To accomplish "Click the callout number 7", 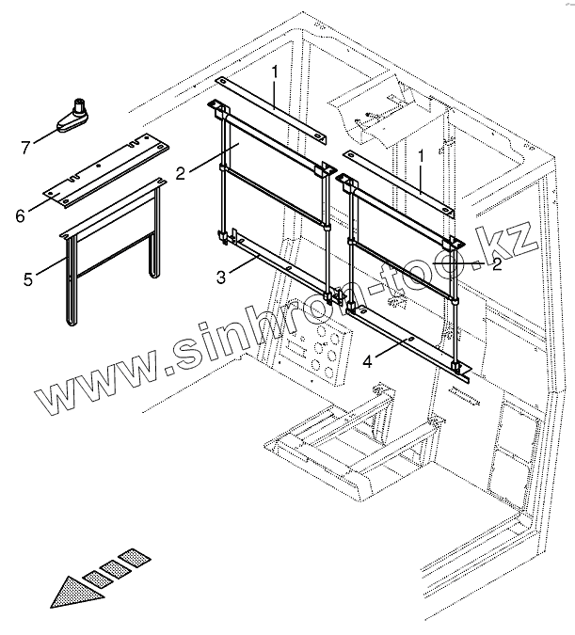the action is coord(26,146).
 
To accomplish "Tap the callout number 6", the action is coord(20,216).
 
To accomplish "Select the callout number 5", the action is coord(27,278).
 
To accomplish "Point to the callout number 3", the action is coord(219,277).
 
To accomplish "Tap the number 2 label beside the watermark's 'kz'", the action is coord(497,265).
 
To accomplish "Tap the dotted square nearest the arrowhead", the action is coord(95,576).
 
